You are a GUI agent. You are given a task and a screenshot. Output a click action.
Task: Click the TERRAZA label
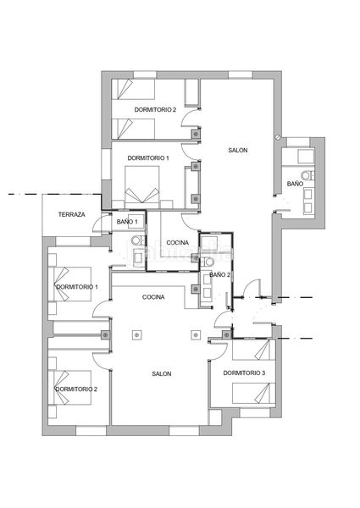pos(72,214)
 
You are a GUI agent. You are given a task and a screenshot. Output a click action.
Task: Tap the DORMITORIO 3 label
pos(244,373)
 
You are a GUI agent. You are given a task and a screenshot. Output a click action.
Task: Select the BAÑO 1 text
pos(127,222)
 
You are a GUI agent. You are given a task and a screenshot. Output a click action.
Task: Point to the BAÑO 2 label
pos(219,274)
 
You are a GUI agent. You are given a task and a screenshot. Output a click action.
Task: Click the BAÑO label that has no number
pos(295,184)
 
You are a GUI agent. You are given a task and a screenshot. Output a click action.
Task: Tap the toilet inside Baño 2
pos(208,261)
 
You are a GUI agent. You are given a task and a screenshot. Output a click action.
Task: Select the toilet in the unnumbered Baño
pos(307,175)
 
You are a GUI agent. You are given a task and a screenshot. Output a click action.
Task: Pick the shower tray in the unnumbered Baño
pos(306,157)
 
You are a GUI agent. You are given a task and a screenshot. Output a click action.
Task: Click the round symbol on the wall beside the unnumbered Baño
pos(278,137)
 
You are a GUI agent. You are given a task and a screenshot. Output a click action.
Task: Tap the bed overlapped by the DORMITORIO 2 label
pos(69,388)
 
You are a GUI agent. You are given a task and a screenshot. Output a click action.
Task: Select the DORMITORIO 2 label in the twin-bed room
pos(155,110)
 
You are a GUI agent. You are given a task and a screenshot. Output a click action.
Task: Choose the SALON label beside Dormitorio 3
pos(162,374)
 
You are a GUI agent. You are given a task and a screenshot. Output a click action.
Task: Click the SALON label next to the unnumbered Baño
pos(238,151)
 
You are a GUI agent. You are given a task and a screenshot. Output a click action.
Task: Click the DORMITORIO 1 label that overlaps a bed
pos(77,287)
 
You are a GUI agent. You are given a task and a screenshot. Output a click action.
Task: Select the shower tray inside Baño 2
pos(208,242)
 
